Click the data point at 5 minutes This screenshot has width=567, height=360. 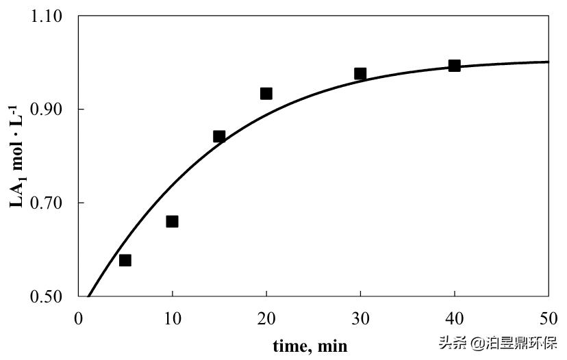(125, 260)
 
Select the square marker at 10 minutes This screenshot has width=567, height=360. (173, 221)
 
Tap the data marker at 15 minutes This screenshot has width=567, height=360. (219, 136)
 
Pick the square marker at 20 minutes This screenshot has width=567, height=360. (266, 93)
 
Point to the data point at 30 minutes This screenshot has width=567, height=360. (360, 73)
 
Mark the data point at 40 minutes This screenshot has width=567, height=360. (454, 66)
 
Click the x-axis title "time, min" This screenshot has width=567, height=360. (310, 345)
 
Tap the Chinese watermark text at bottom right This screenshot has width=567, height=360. (499, 342)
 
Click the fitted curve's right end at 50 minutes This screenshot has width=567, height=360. (547, 62)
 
